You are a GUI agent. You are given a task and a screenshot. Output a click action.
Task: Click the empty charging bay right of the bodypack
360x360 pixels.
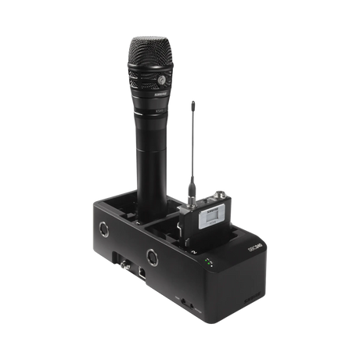pos(239,223)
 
